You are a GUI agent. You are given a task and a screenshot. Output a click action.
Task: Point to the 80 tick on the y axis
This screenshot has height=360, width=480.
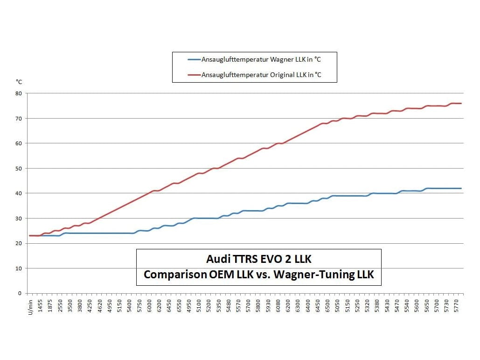19,93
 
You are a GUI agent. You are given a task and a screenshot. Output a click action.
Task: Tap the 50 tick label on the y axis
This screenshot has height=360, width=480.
19,168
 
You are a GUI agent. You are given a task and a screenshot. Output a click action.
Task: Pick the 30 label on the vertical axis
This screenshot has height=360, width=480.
19,218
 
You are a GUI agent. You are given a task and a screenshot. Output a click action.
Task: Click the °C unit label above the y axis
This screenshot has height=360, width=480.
19,81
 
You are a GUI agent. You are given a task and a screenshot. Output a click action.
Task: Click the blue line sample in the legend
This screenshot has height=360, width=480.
194,59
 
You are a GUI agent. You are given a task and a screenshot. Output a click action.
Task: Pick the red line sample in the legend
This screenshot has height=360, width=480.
194,75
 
